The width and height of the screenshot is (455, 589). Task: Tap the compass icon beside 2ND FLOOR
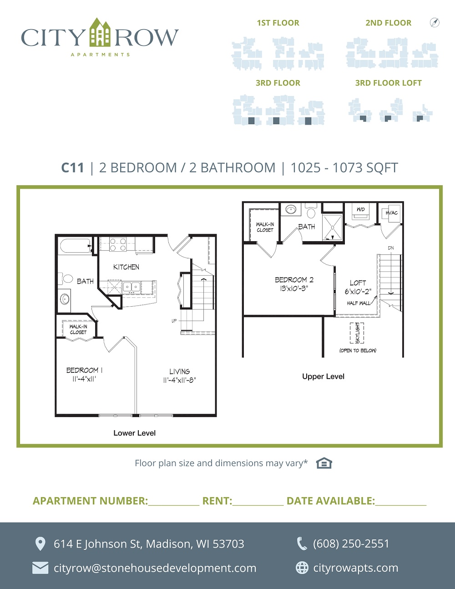click(435, 22)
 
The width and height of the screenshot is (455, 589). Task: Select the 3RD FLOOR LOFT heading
click(389, 83)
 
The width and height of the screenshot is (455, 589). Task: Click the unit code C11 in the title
click(73, 168)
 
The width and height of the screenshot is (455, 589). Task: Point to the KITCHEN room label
click(126, 267)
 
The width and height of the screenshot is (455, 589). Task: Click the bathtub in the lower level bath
click(76, 246)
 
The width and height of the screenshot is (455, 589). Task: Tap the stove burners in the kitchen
click(118, 244)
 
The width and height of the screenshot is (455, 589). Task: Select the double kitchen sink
click(131, 287)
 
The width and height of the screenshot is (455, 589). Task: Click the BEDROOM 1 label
click(84, 370)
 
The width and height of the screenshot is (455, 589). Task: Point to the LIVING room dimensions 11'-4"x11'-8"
click(179, 380)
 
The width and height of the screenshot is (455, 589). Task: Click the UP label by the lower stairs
click(174, 320)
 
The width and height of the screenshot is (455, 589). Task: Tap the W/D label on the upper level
click(360, 209)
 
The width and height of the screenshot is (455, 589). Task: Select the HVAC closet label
click(392, 213)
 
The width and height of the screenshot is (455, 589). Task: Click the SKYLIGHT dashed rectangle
click(357, 333)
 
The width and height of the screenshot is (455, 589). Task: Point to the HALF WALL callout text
click(359, 303)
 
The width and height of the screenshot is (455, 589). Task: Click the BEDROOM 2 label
click(294, 280)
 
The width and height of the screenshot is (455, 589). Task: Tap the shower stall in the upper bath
click(333, 228)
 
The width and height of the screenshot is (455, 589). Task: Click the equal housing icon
click(324, 463)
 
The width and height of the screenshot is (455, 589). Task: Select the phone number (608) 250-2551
click(351, 543)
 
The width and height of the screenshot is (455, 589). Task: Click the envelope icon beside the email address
click(40, 568)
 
